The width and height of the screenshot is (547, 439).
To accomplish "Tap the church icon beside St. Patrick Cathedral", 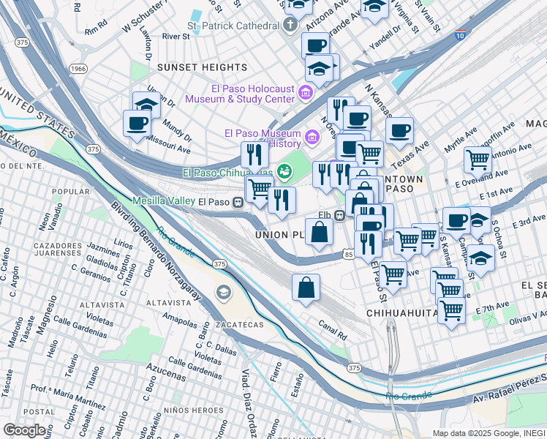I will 290,25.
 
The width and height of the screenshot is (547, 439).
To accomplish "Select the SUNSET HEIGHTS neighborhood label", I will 195,67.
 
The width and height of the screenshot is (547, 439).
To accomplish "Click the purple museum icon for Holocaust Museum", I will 306,92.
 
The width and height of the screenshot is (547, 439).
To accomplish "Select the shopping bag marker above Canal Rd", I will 306,287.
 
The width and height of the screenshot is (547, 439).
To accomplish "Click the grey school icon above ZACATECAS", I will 223,293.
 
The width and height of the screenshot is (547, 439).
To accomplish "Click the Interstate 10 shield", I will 459,34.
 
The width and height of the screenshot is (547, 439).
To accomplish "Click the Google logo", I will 24,429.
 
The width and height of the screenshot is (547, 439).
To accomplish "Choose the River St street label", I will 176,36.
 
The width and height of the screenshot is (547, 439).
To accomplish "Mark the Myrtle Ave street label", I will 460,138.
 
